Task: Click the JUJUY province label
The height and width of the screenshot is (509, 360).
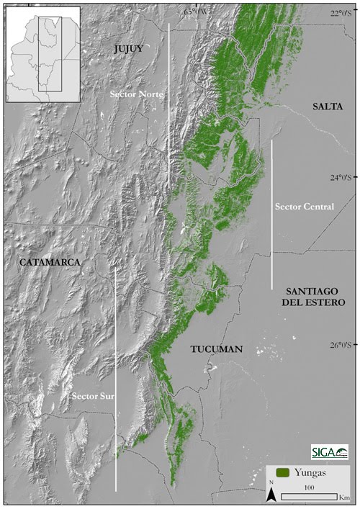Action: click(129, 48)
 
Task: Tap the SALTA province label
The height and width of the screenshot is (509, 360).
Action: click(328, 107)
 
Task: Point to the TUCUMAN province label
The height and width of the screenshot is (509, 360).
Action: click(217, 349)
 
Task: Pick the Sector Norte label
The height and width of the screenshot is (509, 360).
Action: click(137, 94)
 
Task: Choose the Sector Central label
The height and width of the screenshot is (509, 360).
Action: click(305, 207)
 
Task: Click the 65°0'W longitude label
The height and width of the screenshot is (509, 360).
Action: click(197, 11)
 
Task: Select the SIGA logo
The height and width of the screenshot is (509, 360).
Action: click(330, 451)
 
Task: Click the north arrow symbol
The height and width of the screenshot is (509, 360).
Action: click(271, 493)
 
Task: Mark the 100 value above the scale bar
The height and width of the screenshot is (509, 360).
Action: click(309, 487)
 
